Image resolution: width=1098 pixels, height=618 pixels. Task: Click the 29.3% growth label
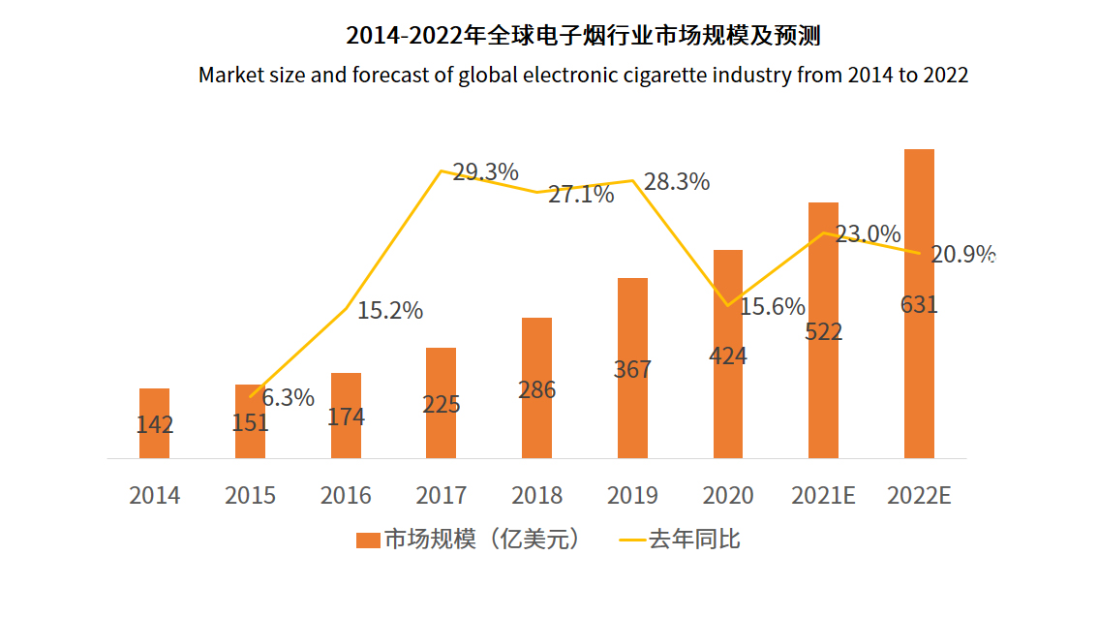(485, 172)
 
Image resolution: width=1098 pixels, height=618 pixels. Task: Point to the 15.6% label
(772, 307)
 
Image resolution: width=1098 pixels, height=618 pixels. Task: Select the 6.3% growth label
(289, 397)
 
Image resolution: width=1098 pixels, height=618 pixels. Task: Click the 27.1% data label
(581, 195)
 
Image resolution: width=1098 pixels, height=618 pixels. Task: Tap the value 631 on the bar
(919, 305)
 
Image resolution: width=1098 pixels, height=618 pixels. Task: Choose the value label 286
(536, 390)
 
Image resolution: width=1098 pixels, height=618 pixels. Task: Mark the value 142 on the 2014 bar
(155, 424)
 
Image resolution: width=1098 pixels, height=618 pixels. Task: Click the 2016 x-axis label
(346, 496)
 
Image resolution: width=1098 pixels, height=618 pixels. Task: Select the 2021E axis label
(823, 496)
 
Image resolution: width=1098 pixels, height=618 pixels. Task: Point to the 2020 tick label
(728, 496)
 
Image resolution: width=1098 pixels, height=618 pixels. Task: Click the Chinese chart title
(583, 37)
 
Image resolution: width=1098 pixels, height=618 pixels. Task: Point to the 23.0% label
(868, 234)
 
